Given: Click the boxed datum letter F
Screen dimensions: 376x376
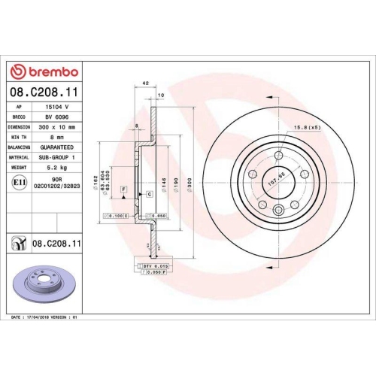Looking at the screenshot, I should [x=123, y=187].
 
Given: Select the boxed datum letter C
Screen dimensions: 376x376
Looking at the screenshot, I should [x=150, y=194].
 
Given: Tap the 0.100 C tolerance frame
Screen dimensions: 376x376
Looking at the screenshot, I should [x=115, y=216].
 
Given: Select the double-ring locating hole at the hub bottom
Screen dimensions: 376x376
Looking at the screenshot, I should [x=279, y=211].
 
